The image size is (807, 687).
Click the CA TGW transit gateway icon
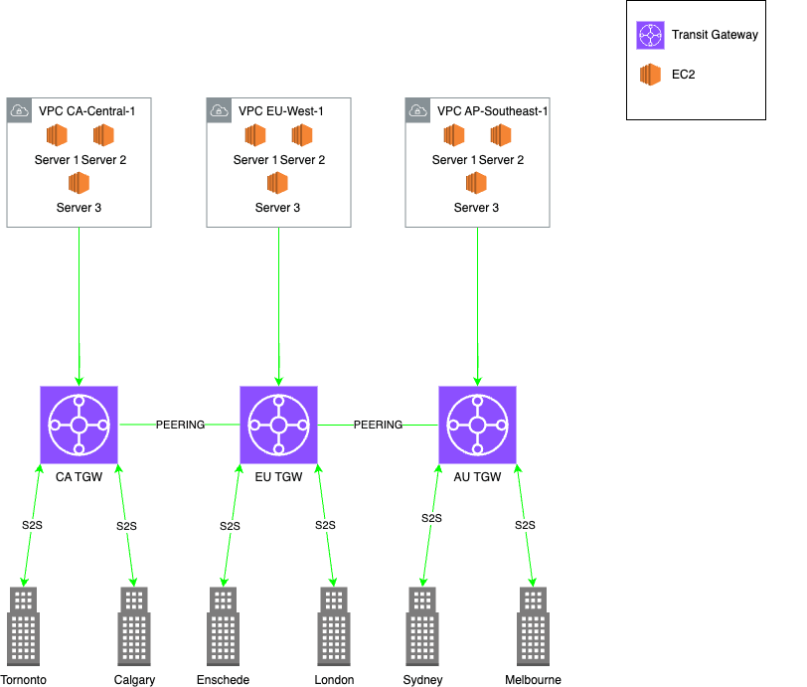pos(79,425)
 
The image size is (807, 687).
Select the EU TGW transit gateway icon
pos(278,425)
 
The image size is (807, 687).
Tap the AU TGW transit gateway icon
pos(477,425)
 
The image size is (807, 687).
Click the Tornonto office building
pos(23,625)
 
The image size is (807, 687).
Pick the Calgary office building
pos(134,625)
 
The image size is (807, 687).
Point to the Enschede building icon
pos(223,625)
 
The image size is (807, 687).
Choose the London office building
pos(334,625)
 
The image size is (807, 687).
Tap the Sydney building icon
pos(422,625)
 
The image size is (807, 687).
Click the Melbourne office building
pos(533,625)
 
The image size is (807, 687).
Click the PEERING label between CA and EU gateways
pos(180,425)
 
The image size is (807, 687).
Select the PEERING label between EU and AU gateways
pos(378,425)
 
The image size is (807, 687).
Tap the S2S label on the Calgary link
pos(126,526)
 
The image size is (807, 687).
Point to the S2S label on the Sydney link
pos(431,518)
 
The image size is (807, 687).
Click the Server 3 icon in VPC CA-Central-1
pos(79,183)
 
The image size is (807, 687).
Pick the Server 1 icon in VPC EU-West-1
pos(255,135)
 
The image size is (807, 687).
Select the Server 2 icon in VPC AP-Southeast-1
pos(501,135)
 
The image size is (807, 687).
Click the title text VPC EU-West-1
pos(281,111)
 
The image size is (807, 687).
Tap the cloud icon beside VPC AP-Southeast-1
pos(417,110)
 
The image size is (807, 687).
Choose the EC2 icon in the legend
pos(650,75)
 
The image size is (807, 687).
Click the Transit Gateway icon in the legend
pos(651,35)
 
